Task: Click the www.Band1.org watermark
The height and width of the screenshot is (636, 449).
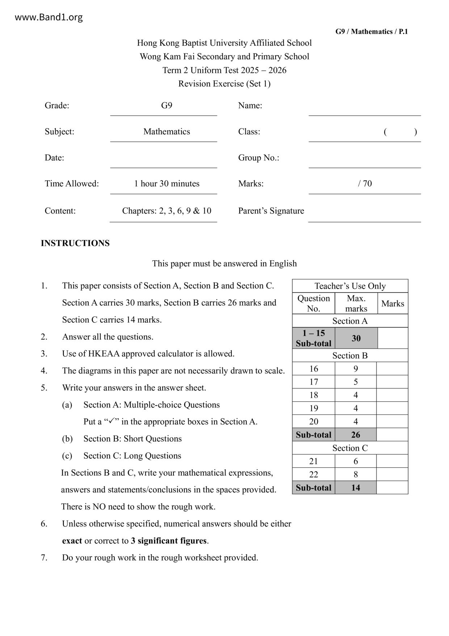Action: pos(49,17)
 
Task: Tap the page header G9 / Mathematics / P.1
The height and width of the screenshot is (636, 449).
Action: pos(372,32)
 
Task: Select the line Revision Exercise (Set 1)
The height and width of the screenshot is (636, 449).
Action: pos(224,84)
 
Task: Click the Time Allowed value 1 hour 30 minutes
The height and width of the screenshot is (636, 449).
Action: pos(167,183)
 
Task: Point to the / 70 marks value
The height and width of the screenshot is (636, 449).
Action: pos(365,183)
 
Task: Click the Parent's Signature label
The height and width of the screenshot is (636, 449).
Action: pos(271,211)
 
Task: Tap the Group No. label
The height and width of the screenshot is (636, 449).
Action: pos(259,158)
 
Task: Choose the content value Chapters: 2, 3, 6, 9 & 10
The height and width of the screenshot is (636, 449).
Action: pos(167,211)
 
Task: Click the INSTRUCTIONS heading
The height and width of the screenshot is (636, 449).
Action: pos(75,243)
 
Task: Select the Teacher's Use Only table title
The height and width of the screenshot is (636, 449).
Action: pos(350,286)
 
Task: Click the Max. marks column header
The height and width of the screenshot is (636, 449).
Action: pos(356,303)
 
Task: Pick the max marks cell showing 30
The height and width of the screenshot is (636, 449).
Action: pos(356,338)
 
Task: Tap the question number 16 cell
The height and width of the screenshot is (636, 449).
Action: pos(314,369)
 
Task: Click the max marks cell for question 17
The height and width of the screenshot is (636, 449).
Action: pos(356,382)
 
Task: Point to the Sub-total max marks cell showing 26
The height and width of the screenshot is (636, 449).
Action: pos(356,435)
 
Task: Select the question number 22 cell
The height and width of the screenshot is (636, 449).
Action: pos(314,474)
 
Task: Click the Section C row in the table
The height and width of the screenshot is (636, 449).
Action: pos(350,448)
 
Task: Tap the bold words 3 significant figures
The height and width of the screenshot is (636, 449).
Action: pos(169,541)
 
